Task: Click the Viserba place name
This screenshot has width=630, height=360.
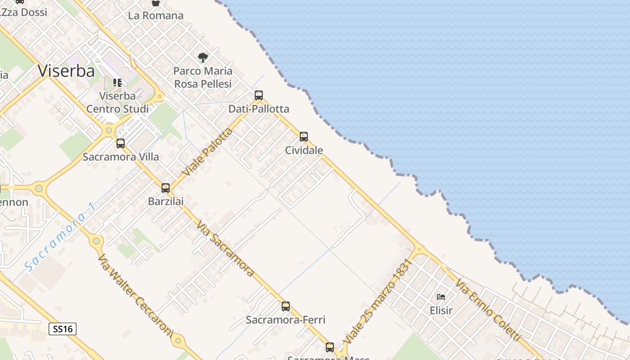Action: click(x=67, y=71)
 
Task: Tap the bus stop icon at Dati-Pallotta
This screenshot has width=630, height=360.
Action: click(x=258, y=95)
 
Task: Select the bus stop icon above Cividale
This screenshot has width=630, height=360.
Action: click(x=304, y=136)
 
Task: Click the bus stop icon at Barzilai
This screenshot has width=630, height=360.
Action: click(x=166, y=188)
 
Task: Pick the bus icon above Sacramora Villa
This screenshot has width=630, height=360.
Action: click(x=121, y=144)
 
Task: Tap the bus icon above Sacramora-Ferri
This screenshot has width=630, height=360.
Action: click(x=286, y=306)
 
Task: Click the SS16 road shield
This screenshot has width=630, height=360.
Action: click(x=63, y=329)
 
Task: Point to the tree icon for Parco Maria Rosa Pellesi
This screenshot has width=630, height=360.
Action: click(x=203, y=58)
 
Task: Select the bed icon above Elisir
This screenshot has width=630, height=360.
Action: click(x=441, y=297)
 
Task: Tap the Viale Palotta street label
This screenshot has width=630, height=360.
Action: click(x=207, y=152)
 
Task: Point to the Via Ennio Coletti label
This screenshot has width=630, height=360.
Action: click(x=488, y=310)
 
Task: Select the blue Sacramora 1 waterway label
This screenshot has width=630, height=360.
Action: click(x=60, y=237)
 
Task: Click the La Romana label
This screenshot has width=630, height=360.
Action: click(x=156, y=16)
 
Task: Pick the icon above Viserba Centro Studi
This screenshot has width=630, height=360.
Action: click(x=117, y=83)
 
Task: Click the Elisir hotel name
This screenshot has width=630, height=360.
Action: click(x=441, y=310)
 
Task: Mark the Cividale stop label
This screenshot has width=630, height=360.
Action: click(x=304, y=150)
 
